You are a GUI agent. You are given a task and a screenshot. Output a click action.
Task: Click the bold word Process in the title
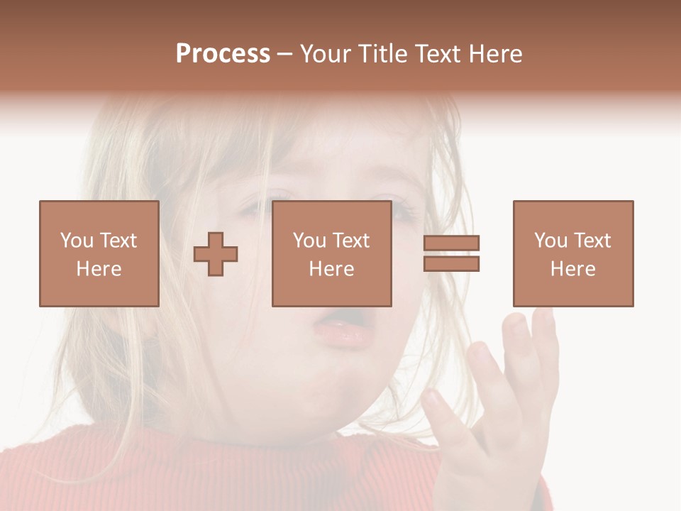coord(223,54)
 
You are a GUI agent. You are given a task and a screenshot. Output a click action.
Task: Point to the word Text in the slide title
coord(439,54)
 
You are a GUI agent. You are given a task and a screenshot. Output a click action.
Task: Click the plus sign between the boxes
coord(216,254)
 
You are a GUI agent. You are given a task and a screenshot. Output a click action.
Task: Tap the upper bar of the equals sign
coord(452,243)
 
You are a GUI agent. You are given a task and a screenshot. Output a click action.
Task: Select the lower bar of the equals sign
coord(452,263)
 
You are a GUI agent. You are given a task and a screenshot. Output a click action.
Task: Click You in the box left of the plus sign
coord(77,241)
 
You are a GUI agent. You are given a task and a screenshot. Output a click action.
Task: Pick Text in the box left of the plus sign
coord(118,241)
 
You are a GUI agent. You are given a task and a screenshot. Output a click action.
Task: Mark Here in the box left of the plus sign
coord(99,269)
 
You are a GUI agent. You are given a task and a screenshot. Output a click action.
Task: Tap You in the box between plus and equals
coord(309,241)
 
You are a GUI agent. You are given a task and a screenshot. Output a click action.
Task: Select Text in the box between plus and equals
coord(350,241)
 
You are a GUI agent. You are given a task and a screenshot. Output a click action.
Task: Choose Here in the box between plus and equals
coord(331,269)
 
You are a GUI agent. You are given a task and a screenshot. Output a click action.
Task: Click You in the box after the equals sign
coord(550,241)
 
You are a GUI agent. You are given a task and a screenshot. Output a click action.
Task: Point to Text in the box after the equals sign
coord(592,241)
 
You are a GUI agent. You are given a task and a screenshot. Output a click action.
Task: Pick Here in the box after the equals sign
coord(572,269)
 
